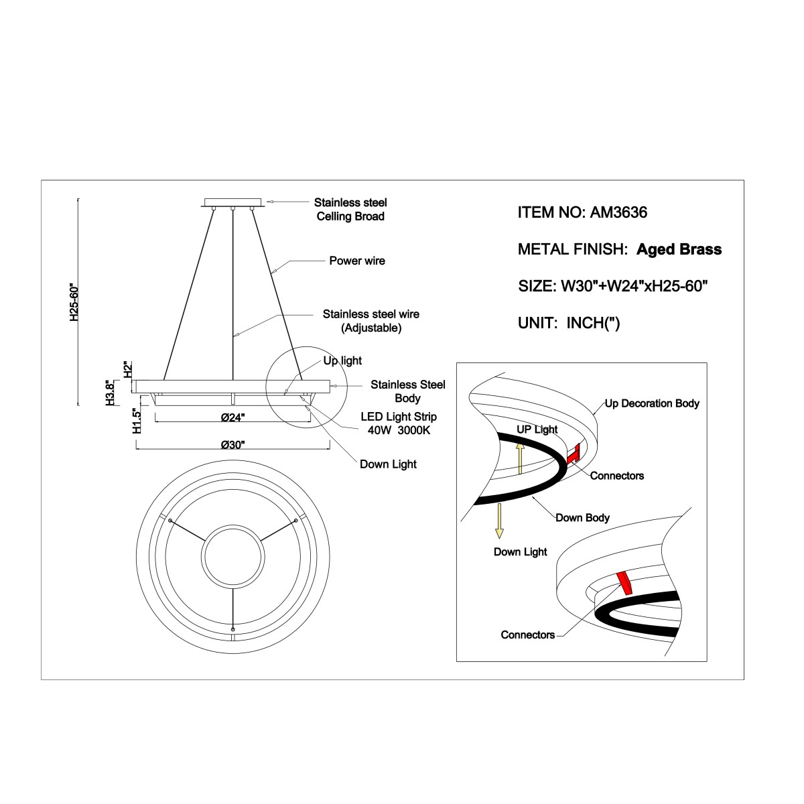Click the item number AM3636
pyautogui.click(x=618, y=212)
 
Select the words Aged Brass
pyautogui.click(x=679, y=249)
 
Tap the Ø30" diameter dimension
pyautogui.click(x=232, y=445)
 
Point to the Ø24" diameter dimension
pyautogui.click(x=232, y=417)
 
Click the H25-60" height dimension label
pyautogui.click(x=74, y=303)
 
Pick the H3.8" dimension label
pyautogui.click(x=109, y=392)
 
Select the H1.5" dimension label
pyautogui.click(x=137, y=420)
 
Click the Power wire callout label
pyautogui.click(x=357, y=261)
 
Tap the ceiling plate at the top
pyautogui.click(x=233, y=202)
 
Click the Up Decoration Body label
pyautogui.click(x=652, y=403)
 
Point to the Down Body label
pyautogui.click(x=582, y=518)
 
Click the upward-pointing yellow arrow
pyautogui.click(x=519, y=458)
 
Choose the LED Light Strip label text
pyautogui.click(x=399, y=416)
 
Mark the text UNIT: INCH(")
pyautogui.click(x=569, y=323)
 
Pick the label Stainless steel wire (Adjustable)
pyautogui.click(x=371, y=321)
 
